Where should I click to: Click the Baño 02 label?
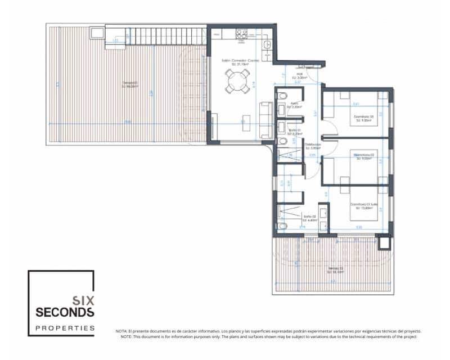(x=309, y=217)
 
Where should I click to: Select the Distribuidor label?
(x=312, y=146)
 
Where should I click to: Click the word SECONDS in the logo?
(x=65, y=312)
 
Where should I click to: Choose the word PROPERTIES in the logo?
(x=65, y=327)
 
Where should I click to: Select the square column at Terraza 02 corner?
(x=384, y=242)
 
